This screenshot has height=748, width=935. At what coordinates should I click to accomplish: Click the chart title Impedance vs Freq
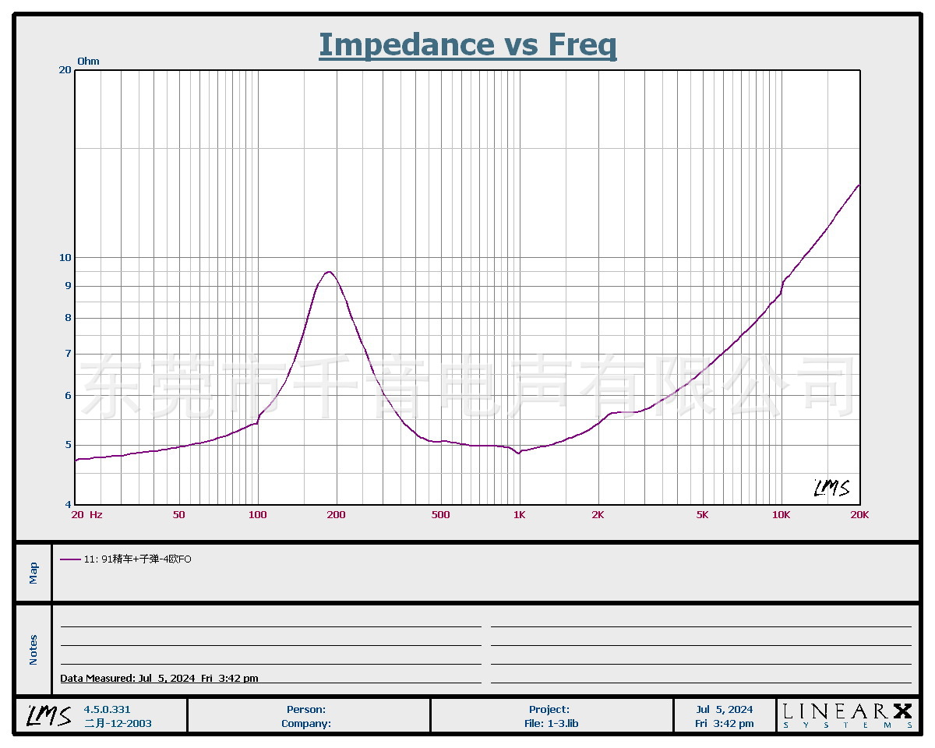[x=467, y=44]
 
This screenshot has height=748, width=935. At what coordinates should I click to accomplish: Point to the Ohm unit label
[x=88, y=62]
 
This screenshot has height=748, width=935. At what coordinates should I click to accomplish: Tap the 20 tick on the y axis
[x=65, y=70]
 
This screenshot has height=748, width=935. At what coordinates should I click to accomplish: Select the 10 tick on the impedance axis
[x=65, y=258]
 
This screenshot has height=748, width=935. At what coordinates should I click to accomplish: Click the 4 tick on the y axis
[x=68, y=505]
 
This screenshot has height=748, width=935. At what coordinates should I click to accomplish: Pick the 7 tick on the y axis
[x=68, y=354]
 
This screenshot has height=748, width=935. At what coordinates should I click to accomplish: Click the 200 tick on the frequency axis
[x=336, y=515]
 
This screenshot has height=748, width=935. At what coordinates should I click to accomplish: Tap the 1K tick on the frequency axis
[x=519, y=515]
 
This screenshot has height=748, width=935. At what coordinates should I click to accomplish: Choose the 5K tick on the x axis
[x=702, y=515]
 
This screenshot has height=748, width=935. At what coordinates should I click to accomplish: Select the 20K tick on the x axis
[x=859, y=515]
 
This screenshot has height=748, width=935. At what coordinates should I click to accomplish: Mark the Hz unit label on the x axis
[x=96, y=515]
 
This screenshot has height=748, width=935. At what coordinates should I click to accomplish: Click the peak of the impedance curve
[x=330, y=272]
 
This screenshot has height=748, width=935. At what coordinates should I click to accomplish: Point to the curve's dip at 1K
[x=518, y=453]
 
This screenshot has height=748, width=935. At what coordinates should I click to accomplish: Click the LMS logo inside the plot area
[x=831, y=489]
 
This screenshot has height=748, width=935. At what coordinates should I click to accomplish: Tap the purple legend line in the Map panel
[x=70, y=559]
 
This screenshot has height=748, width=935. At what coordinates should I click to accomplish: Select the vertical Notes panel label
[x=34, y=650]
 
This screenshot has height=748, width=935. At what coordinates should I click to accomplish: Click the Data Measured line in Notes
[x=160, y=679]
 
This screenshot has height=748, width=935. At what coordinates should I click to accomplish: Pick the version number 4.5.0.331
[x=108, y=710]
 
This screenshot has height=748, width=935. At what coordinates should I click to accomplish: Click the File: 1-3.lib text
[x=550, y=724]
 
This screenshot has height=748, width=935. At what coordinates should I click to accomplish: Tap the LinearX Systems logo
[x=847, y=715]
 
